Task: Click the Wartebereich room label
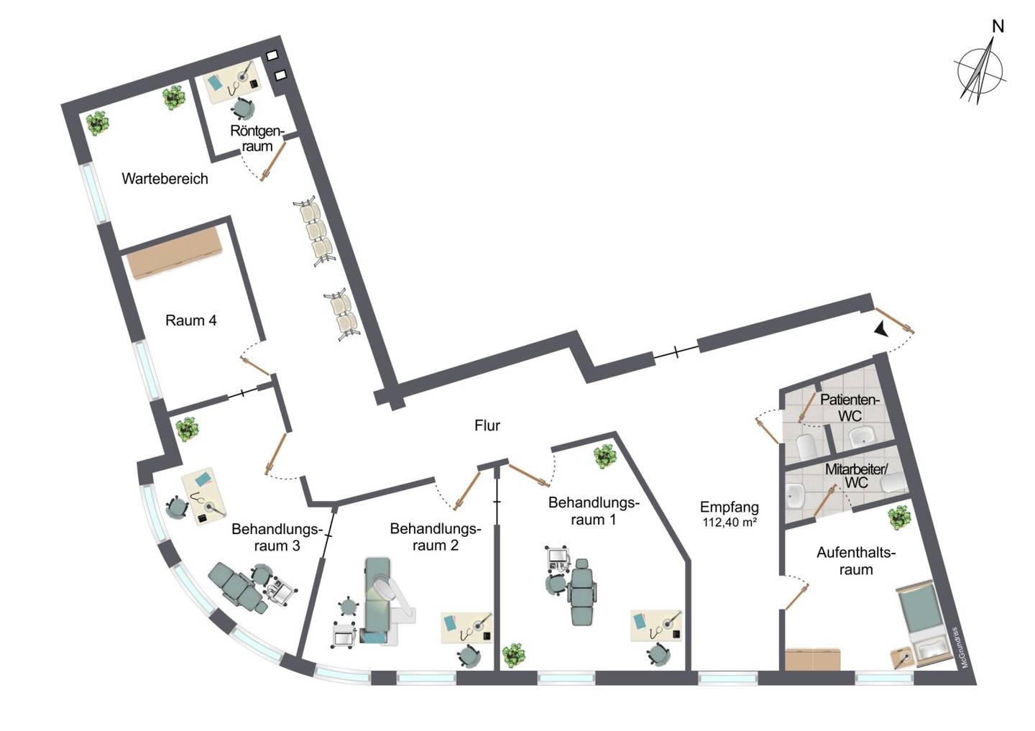coord(165,178)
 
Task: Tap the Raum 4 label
coord(191,321)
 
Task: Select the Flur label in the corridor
coord(487,425)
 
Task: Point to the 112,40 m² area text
coord(730,523)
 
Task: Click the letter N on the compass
coord(998,27)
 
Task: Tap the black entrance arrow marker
coord(882,329)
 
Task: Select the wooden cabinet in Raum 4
coord(175,253)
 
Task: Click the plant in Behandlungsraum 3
coord(187,429)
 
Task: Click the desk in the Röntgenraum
coord(232,82)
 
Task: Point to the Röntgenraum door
coord(273,161)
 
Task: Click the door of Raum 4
coord(255,366)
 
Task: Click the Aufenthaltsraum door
coord(797,597)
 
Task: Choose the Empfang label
coord(730,507)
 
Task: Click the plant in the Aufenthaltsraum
coord(899,518)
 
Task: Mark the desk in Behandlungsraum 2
coord(466,627)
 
